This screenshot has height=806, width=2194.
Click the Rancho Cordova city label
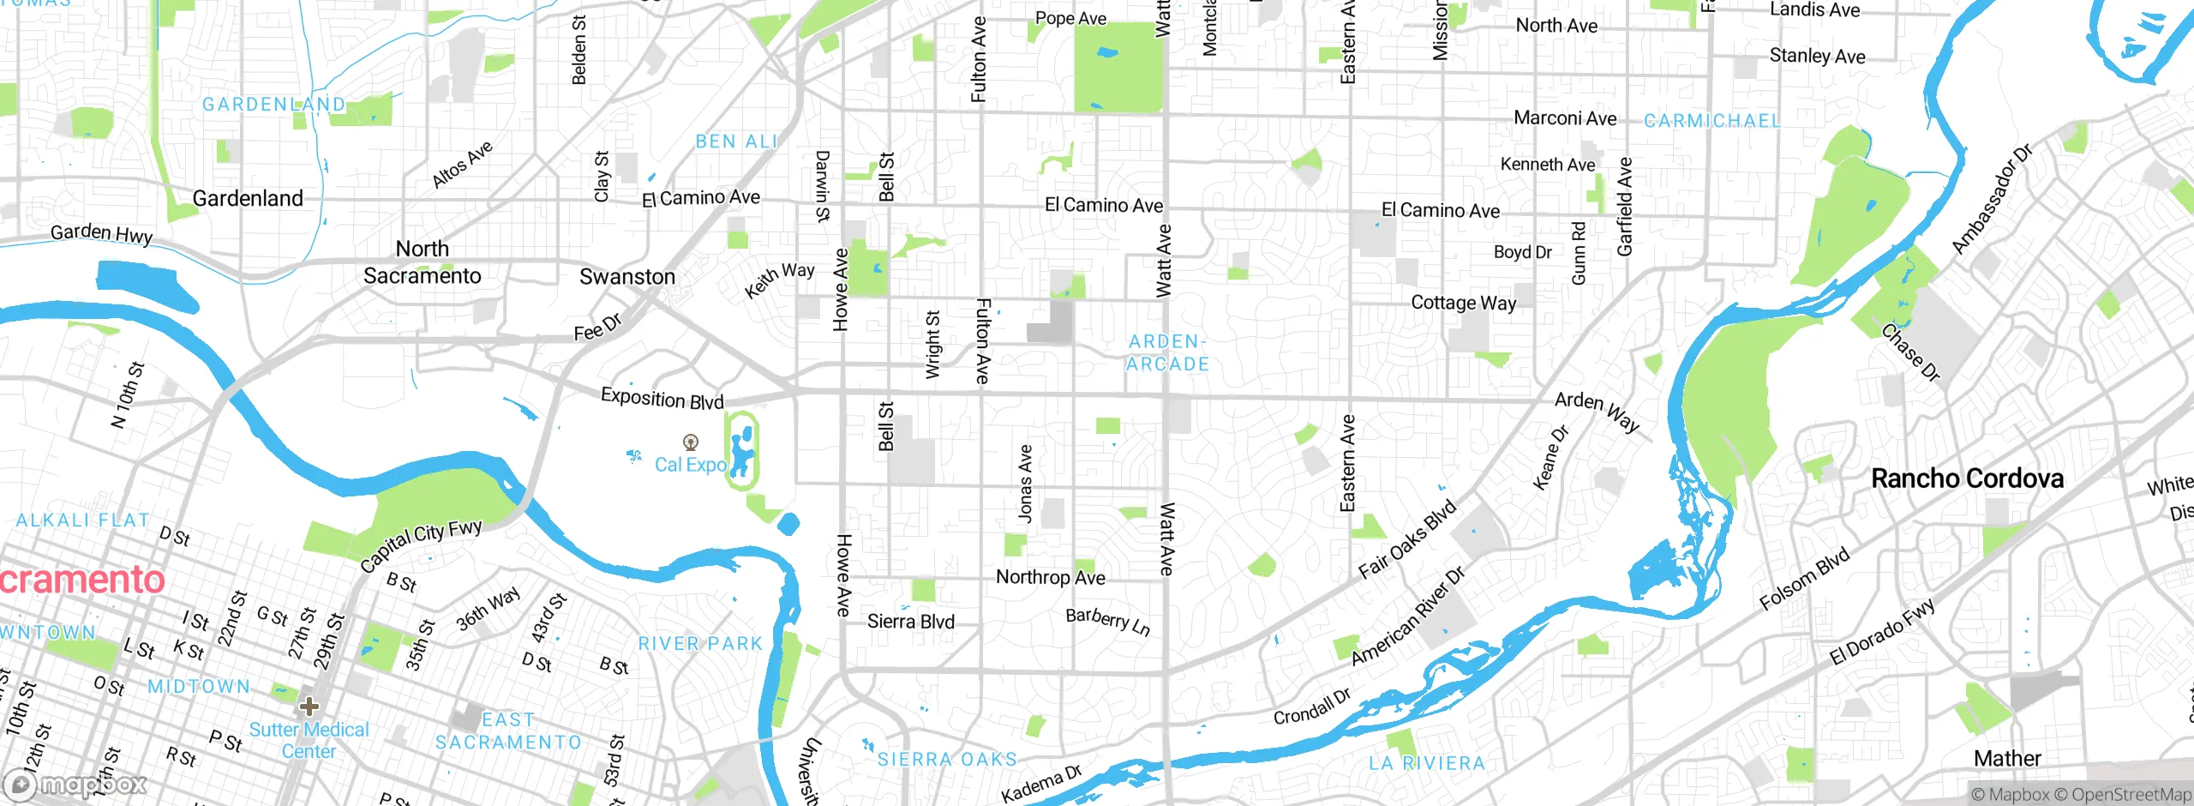[1967, 478]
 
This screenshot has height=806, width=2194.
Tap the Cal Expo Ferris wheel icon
[690, 442]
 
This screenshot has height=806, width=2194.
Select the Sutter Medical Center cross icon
[309, 707]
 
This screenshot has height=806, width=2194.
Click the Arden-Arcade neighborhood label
[1166, 352]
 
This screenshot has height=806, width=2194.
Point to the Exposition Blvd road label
[662, 399]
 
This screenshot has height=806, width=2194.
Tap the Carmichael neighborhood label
[1711, 121]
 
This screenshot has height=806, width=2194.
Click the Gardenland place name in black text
[248, 198]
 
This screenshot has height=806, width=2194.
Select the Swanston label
[627, 277]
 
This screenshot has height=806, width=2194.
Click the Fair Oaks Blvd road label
[1407, 539]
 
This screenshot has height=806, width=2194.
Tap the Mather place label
[2007, 758]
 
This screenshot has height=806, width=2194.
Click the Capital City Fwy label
[421, 545]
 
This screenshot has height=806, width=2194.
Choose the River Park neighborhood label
[700, 643]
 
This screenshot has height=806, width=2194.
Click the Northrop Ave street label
[1050, 577]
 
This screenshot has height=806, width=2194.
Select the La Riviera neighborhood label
[1426, 762]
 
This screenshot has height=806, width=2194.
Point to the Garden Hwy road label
[101, 233]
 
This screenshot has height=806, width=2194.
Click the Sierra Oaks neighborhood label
[947, 759]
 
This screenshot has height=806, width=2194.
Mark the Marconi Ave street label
[1565, 118]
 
